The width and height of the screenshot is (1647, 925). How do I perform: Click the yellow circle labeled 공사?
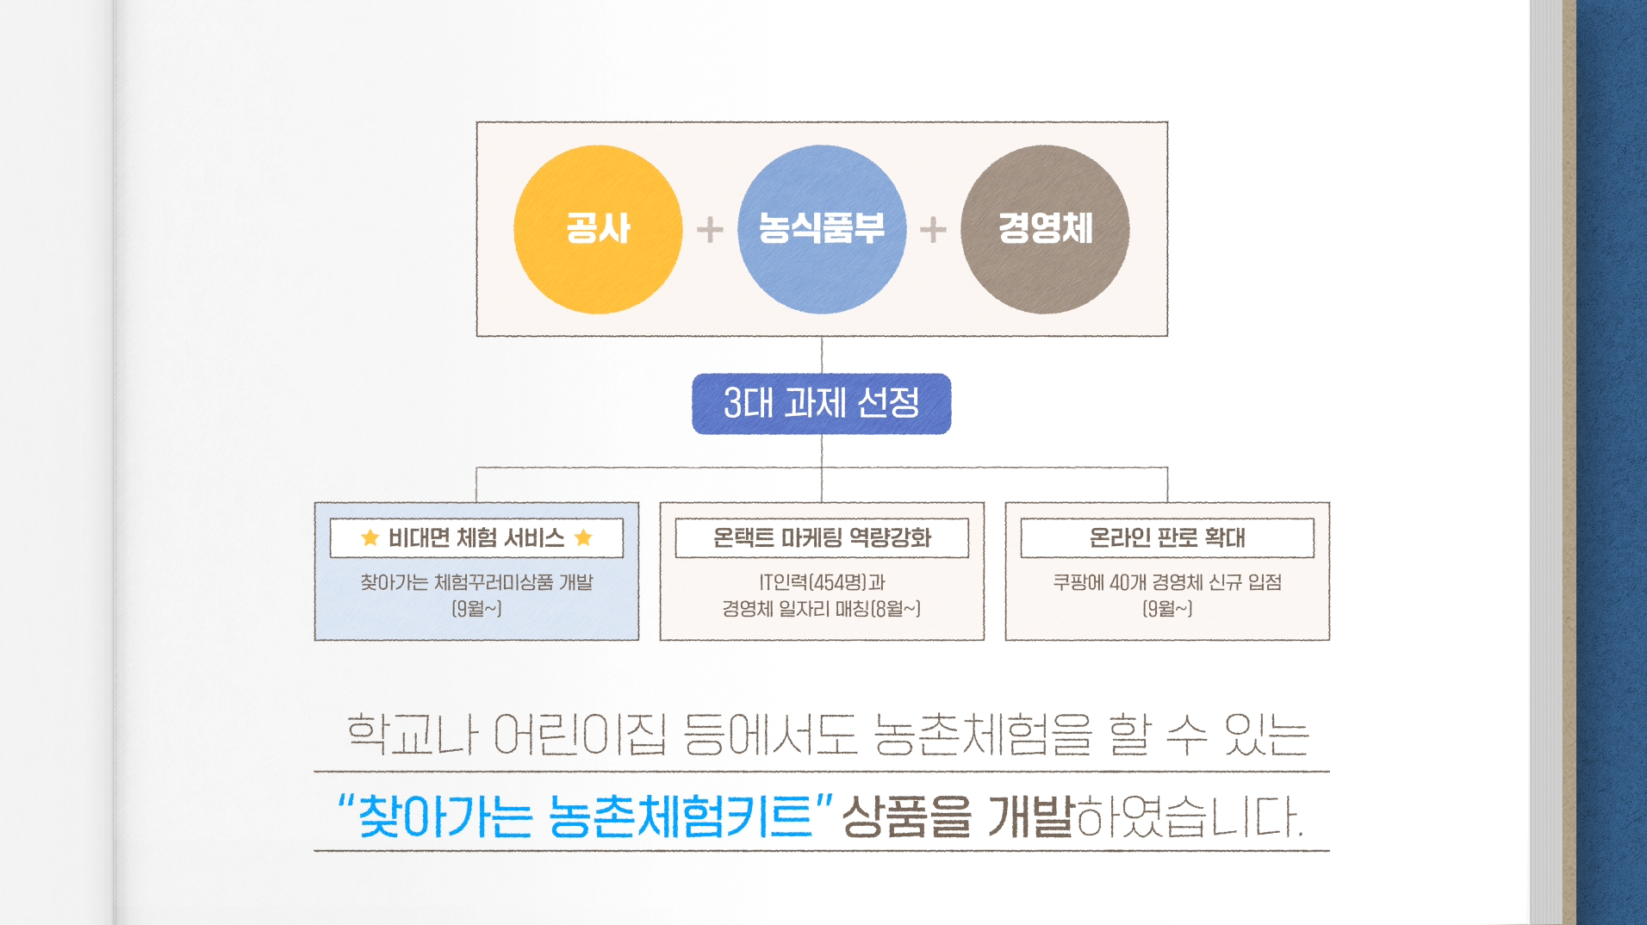tap(598, 229)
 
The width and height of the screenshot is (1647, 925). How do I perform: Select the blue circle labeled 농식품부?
tap(822, 229)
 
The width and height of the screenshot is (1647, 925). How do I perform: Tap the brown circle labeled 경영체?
tap(1045, 229)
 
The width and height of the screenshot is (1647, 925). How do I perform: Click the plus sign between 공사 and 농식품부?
tap(710, 230)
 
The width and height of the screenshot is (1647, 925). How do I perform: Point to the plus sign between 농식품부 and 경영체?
tap(933, 230)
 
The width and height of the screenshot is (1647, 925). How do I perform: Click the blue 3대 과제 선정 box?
tap(822, 403)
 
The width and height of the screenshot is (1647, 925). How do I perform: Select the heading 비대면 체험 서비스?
tap(476, 538)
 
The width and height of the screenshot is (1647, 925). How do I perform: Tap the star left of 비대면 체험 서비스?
tap(370, 538)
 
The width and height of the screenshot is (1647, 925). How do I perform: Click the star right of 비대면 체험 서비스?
tap(583, 538)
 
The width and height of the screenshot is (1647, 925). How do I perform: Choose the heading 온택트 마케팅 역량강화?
tap(822, 538)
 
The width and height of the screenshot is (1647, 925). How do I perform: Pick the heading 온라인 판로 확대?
tap(1167, 538)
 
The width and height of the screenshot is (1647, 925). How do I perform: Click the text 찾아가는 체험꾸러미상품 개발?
tap(476, 583)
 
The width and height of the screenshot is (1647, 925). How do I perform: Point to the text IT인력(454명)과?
tap(822, 583)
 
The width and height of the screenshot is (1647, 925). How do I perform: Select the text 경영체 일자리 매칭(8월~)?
tap(822, 609)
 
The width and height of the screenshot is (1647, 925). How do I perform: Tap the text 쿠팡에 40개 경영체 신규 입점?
tap(1167, 583)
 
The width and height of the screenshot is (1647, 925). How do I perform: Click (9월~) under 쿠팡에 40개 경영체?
tap(1167, 609)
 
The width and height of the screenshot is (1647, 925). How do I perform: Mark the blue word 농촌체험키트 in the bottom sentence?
tap(681, 816)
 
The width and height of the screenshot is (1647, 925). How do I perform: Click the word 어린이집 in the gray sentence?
tap(581, 736)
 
